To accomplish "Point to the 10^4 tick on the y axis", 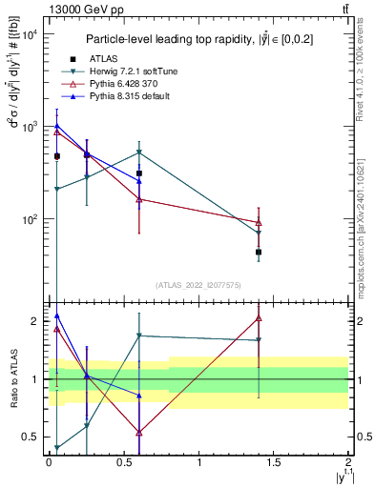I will [x=31, y=33].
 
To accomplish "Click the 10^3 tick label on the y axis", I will [x=31, y=126].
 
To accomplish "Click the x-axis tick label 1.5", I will [x=274, y=461].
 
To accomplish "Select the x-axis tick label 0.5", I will [x=124, y=461].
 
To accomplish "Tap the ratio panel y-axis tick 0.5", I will [x=31, y=437].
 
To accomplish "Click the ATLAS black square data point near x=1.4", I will [x=259, y=253].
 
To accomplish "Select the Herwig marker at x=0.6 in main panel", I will [x=139, y=152].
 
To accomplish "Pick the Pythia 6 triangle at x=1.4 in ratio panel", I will [x=259, y=318].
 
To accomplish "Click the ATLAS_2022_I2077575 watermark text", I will [x=198, y=284].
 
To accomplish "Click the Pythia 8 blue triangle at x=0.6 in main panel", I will [x=139, y=180].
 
